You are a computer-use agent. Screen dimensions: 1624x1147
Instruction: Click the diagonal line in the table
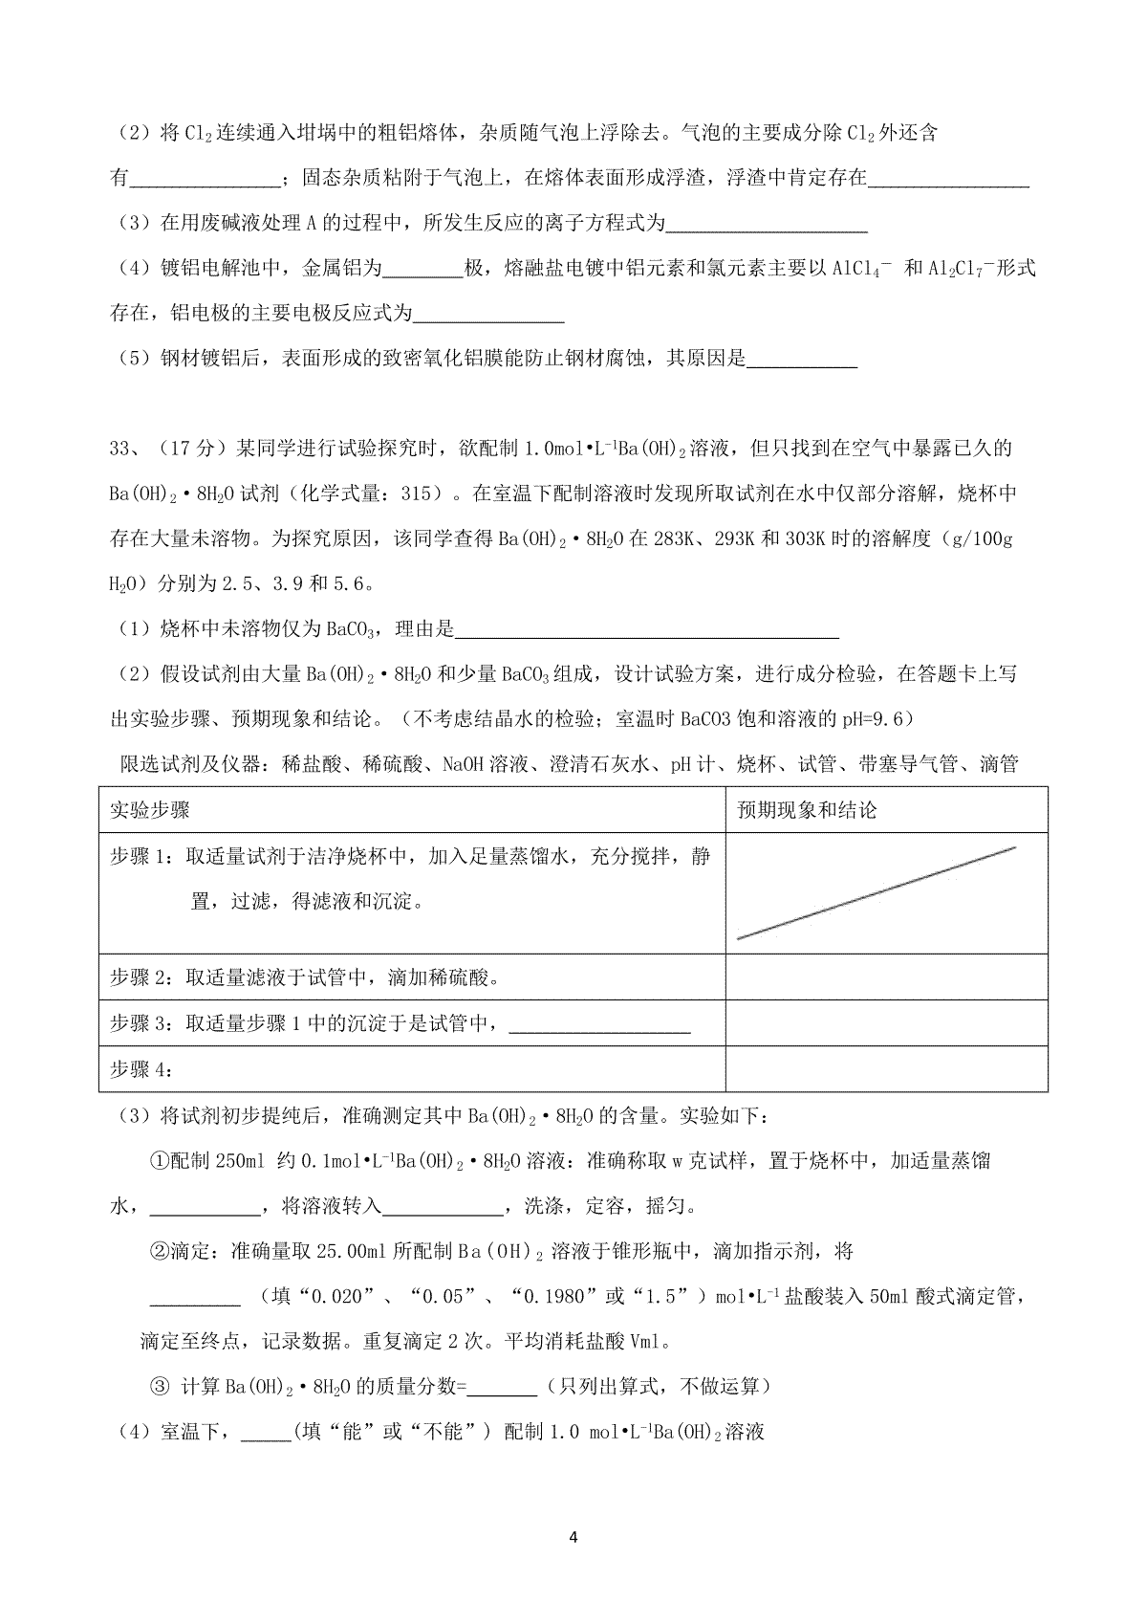tap(876, 892)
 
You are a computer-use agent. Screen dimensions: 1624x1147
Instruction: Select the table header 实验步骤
tap(150, 810)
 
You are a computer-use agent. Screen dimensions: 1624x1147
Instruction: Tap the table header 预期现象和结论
tap(807, 810)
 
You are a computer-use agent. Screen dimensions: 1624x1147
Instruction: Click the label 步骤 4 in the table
tap(139, 1069)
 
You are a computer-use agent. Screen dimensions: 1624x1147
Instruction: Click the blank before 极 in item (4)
tap(422, 270)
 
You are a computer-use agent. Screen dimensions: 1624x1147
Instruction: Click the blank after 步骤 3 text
tap(601, 1025)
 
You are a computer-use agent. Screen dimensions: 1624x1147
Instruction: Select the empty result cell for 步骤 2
tap(886, 977)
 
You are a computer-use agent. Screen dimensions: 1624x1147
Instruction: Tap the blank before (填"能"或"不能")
tap(265, 1433)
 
